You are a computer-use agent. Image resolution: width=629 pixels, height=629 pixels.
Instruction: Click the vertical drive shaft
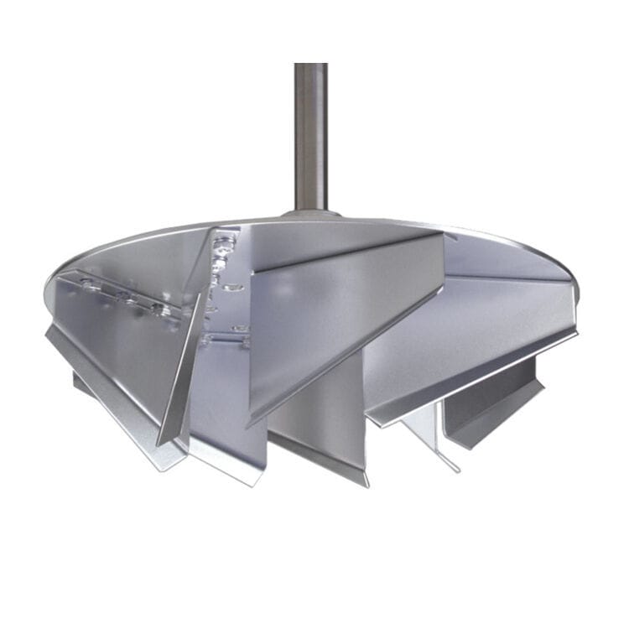pyautogui.click(x=310, y=134)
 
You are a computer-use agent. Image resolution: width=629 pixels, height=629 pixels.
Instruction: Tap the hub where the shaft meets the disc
pyautogui.click(x=311, y=213)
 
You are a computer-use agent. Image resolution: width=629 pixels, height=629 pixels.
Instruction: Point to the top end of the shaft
pyautogui.click(x=310, y=67)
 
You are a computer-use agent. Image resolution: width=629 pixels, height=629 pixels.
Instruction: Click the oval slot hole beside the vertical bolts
pyautogui.click(x=236, y=289)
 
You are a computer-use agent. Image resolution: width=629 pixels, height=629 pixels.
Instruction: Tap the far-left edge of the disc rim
pyautogui.click(x=49, y=289)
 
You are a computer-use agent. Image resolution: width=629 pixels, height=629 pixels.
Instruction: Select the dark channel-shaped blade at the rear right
pyautogui.click(x=495, y=403)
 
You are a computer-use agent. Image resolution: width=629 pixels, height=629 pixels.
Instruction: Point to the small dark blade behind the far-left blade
pyautogui.click(x=80, y=382)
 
